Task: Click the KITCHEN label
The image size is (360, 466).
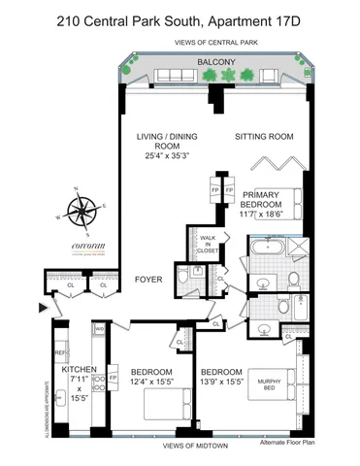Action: [x=79, y=370]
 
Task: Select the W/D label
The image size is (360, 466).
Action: [x=100, y=329]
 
